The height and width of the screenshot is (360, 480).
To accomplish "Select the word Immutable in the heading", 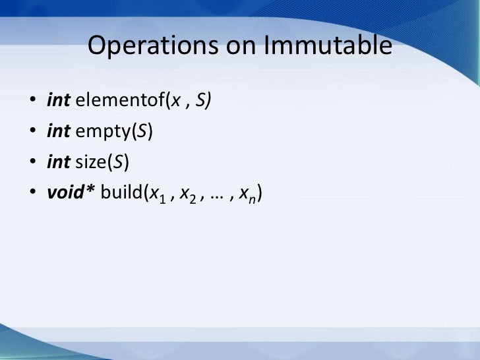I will click(x=328, y=47).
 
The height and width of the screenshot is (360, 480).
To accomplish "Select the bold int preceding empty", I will click(x=59, y=131).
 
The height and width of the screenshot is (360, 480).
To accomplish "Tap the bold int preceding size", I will click(x=59, y=160).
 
